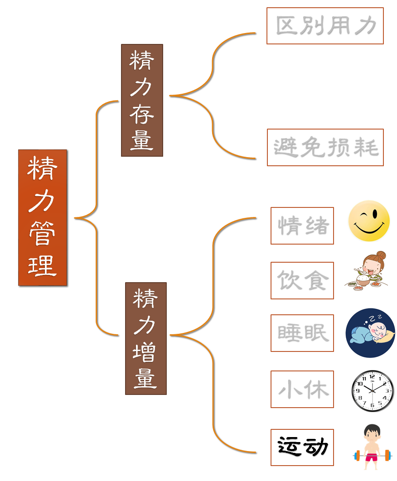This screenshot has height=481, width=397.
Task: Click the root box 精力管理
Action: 43,217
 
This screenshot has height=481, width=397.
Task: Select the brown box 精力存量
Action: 142,100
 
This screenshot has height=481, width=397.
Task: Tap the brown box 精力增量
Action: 145,338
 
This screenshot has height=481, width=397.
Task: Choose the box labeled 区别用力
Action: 325,26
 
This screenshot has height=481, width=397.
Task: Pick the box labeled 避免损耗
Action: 325,147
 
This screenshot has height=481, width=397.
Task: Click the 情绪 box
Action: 302,226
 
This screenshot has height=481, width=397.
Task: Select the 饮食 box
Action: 302,280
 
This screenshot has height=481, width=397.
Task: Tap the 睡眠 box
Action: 302,333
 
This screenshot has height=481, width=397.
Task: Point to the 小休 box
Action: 302,389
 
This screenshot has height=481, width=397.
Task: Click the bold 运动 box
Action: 302,447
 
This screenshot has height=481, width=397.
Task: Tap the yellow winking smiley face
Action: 369,221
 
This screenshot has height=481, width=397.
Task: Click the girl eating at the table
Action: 368,272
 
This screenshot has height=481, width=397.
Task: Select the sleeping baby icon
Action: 370,333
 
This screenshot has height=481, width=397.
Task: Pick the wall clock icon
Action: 373,391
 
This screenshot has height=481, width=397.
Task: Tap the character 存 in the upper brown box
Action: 142,114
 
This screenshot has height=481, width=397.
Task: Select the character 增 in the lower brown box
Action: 145,352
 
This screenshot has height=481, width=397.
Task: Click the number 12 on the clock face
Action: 373,376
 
